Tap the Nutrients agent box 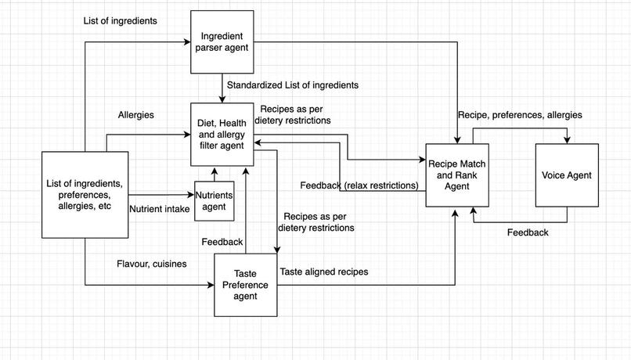click(214, 201)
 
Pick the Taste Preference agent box click(245, 285)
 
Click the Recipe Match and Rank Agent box click(456, 175)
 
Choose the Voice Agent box click(567, 175)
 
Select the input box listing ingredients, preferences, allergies click(84, 195)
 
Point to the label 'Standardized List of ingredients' click(293, 85)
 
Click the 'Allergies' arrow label click(135, 115)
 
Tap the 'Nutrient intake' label click(159, 208)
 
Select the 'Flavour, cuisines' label click(151, 264)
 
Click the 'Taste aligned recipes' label click(324, 272)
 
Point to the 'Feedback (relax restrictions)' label click(359, 185)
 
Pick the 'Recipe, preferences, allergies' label click(520, 115)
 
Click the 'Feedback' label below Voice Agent click(527, 232)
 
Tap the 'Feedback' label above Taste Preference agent click(222, 242)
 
